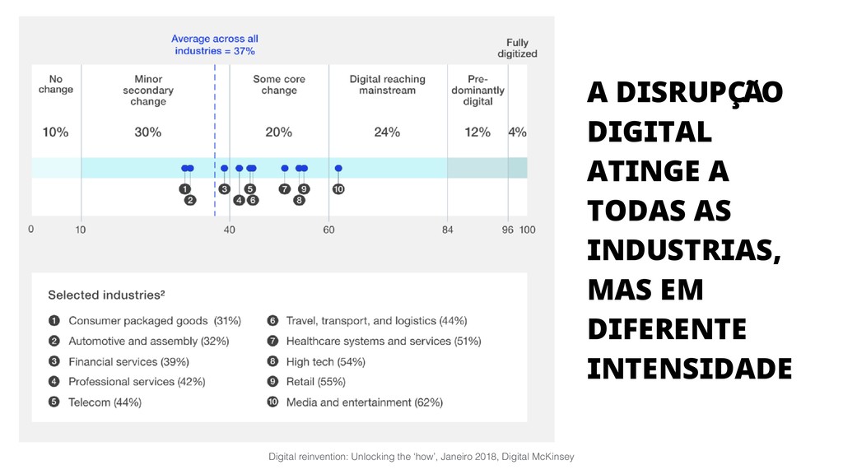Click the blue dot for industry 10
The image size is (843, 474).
click(x=338, y=168)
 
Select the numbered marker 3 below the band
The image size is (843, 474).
click(x=225, y=189)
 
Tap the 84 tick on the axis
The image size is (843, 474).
click(x=448, y=230)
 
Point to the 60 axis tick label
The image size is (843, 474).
click(x=329, y=230)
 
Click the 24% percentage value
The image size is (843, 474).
click(x=387, y=132)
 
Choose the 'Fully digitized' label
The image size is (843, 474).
click(x=517, y=49)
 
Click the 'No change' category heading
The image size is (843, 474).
click(x=56, y=85)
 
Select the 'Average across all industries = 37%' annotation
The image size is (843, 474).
click(x=215, y=44)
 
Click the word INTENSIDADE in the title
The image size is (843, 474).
click(x=689, y=369)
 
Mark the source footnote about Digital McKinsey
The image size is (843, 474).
click(x=421, y=456)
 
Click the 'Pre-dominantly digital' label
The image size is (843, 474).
click(x=477, y=91)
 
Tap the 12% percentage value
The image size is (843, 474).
click(x=477, y=132)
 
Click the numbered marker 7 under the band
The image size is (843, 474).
click(x=285, y=189)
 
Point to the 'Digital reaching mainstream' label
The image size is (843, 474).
click(x=387, y=85)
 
